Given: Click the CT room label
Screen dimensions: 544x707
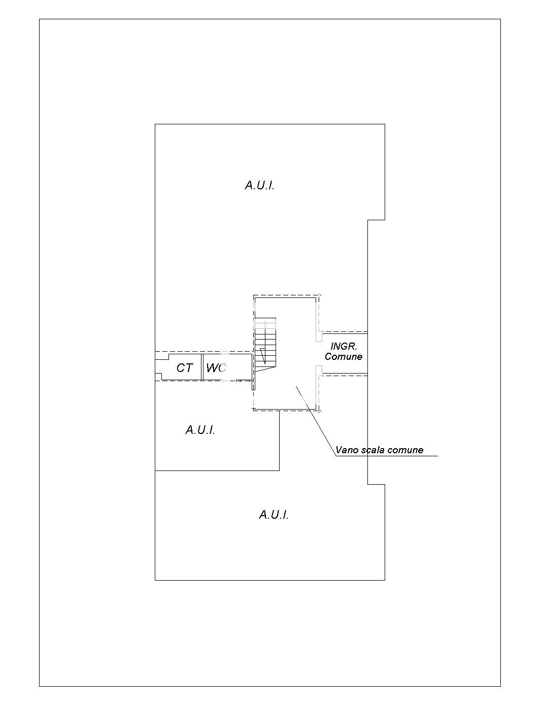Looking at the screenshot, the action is [185, 368].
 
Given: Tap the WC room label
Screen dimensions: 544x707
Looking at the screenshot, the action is [216, 368].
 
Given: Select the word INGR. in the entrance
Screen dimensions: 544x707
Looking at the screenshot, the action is [344, 346].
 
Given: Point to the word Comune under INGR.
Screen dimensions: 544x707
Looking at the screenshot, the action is [344, 357].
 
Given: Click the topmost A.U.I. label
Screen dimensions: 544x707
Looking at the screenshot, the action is [260, 185].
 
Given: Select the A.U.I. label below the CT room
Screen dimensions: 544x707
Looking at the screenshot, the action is [200, 430].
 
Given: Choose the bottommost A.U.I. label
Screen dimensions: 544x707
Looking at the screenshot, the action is [274, 515].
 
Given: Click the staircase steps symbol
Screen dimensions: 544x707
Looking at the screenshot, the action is [265, 345].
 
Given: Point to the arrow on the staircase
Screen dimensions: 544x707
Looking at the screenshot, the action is [263, 356].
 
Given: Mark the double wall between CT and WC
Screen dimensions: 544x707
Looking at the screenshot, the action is [202, 367].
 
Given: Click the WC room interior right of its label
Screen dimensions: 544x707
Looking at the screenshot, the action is [239, 367].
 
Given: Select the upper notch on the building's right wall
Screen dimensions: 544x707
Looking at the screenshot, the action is [377, 220].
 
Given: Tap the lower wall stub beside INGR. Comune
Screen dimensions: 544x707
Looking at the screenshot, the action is [319, 371].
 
